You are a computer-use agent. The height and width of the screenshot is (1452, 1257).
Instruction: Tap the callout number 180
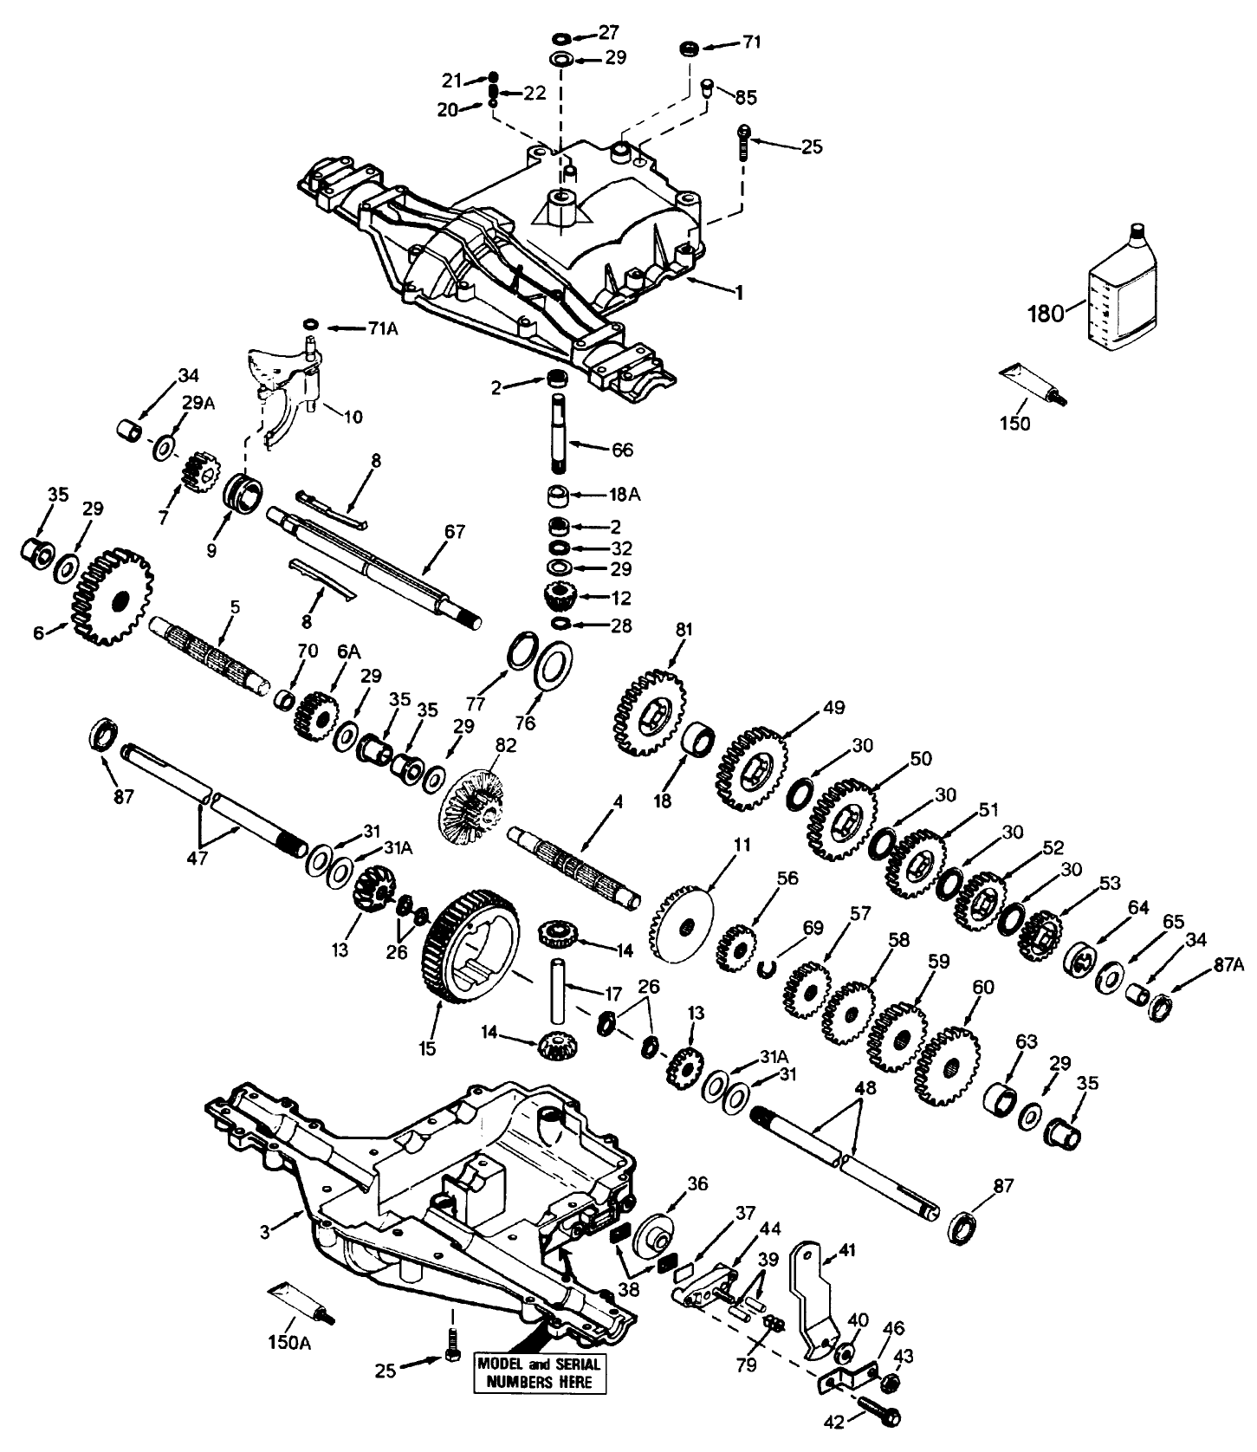pyautogui.click(x=1046, y=313)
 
